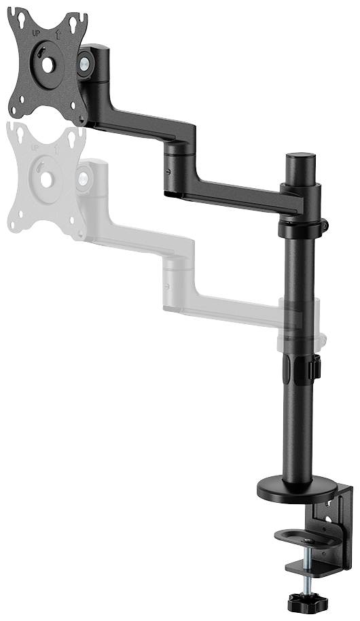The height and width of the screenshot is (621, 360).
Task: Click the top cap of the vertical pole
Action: [x=300, y=158]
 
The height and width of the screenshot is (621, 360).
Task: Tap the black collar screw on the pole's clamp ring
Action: [x=325, y=224]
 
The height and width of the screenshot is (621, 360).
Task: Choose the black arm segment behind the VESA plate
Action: [x=143, y=125]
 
